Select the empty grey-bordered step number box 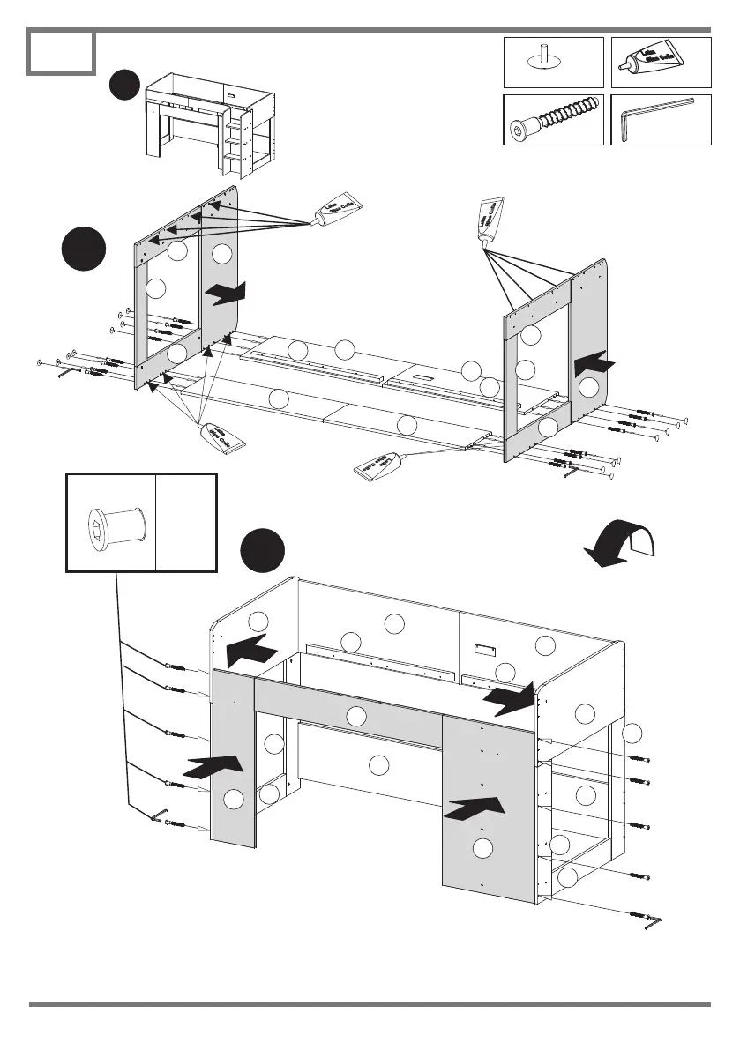tap(61, 52)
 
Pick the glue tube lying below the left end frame tap(223, 437)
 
